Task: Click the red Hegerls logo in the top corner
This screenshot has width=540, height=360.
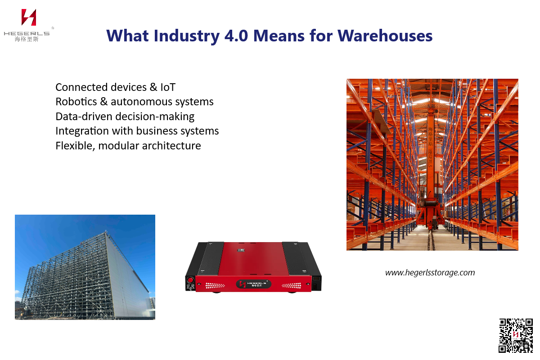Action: click(x=29, y=17)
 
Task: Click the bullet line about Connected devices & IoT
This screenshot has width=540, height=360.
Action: click(x=115, y=87)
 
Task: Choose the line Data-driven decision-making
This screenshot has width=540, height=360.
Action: click(x=125, y=116)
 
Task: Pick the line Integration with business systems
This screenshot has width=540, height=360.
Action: click(x=137, y=131)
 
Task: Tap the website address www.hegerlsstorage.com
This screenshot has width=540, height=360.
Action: click(x=430, y=272)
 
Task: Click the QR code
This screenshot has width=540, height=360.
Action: click(x=516, y=335)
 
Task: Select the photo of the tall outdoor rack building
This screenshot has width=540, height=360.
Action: click(x=85, y=267)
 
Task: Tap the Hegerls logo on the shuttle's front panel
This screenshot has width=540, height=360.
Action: click(x=252, y=284)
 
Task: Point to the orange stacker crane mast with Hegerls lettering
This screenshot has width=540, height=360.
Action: click(x=430, y=148)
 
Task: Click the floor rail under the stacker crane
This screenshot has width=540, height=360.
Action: click(x=431, y=238)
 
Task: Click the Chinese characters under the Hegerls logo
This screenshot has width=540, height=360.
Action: click(x=27, y=39)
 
